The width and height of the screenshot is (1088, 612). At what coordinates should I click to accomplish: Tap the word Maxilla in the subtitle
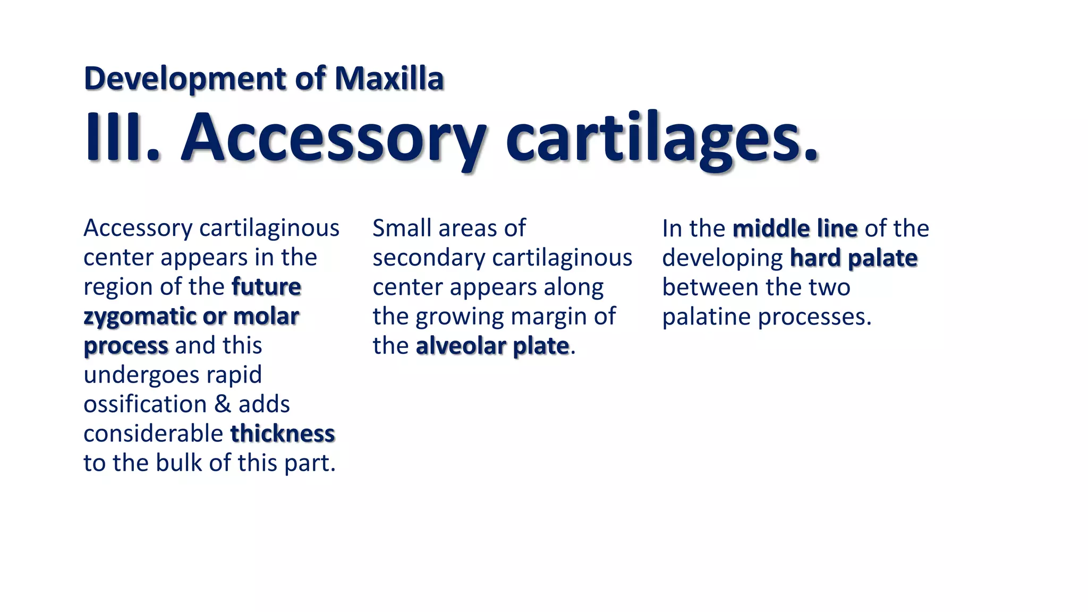[x=389, y=79]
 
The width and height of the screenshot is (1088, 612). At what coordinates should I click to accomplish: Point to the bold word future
[x=266, y=287]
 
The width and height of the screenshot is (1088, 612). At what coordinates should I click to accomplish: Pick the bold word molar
[x=266, y=317]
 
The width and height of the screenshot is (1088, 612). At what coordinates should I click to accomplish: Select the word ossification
[x=145, y=404]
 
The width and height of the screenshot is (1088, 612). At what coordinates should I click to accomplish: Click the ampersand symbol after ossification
[x=223, y=404]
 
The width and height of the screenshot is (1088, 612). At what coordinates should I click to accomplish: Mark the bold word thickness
[x=283, y=433]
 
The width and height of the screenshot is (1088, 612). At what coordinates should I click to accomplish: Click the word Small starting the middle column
[x=402, y=228]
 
